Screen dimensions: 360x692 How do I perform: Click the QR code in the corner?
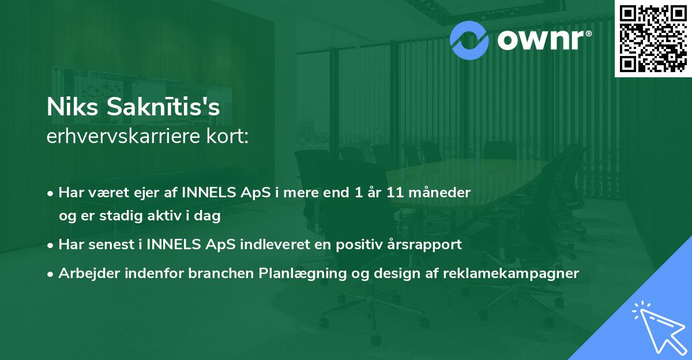pos(653,38)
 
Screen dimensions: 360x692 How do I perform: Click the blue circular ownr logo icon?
pos(469,40)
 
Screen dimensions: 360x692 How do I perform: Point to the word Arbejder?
pos(84,273)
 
